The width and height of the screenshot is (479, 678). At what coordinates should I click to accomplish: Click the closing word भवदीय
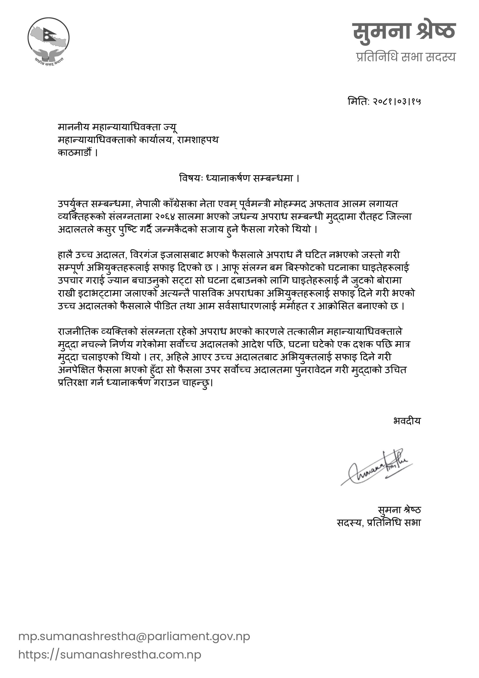407,421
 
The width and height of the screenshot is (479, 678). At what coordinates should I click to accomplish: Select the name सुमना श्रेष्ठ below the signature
399,510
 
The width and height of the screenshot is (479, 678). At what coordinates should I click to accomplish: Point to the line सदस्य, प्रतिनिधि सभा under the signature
379,523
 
